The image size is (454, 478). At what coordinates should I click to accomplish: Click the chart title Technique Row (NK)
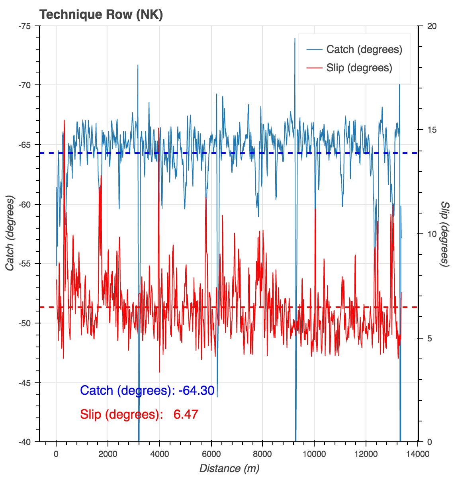[101, 15]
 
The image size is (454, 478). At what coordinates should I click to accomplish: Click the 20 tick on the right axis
[432, 26]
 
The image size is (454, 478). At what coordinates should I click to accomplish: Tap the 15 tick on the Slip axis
[432, 130]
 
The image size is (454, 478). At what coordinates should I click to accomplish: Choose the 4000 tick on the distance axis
[159, 454]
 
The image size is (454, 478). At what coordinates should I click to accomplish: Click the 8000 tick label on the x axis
[262, 454]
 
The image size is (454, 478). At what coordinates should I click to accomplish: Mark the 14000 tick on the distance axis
[418, 454]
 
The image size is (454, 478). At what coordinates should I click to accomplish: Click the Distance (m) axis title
[229, 468]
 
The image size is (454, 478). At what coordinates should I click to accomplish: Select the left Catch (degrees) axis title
[10, 233]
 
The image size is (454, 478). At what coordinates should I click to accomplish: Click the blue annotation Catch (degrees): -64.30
[147, 390]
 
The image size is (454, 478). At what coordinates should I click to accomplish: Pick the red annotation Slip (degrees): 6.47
[139, 414]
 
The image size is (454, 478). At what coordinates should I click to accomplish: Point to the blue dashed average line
[32, 153]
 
